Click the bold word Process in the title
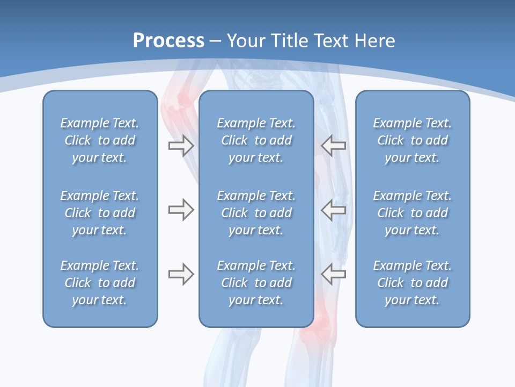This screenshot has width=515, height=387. pyautogui.click(x=168, y=41)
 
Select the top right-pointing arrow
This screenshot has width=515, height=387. pyautogui.click(x=181, y=146)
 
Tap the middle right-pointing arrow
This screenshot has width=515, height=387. pyautogui.click(x=181, y=210)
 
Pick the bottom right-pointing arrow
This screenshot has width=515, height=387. pyautogui.click(x=181, y=274)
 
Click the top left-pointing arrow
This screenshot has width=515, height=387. pyautogui.click(x=334, y=146)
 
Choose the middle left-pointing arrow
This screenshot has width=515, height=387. pyautogui.click(x=334, y=210)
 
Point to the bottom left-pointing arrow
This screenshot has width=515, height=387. pyautogui.click(x=334, y=274)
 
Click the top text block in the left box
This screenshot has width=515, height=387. pyautogui.click(x=100, y=140)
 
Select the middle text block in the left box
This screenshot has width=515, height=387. pyautogui.click(x=100, y=213)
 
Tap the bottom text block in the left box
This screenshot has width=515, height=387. pyautogui.click(x=100, y=283)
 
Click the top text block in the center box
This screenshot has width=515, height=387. pyautogui.click(x=256, y=140)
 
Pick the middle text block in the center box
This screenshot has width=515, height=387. pyautogui.click(x=256, y=213)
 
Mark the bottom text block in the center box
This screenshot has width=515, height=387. pyautogui.click(x=256, y=283)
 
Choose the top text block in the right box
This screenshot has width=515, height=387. pyautogui.click(x=412, y=140)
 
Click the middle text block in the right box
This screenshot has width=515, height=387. pyautogui.click(x=412, y=213)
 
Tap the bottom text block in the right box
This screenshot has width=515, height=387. pyautogui.click(x=412, y=283)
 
